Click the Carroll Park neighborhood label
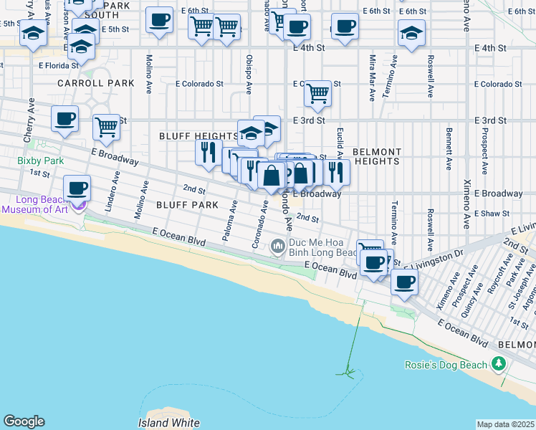[x=97, y=83]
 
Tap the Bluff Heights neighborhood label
[x=198, y=135]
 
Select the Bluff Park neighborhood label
[x=188, y=204]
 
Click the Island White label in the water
[x=168, y=423]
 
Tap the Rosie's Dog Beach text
[x=447, y=365]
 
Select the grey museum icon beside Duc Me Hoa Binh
[x=278, y=247]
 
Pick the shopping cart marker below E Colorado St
[x=317, y=93]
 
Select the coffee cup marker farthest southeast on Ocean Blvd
[x=405, y=282]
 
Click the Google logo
[x=24, y=421]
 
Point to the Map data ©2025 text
[x=505, y=424]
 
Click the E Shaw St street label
[x=492, y=213]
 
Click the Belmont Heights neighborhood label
[x=376, y=156]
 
